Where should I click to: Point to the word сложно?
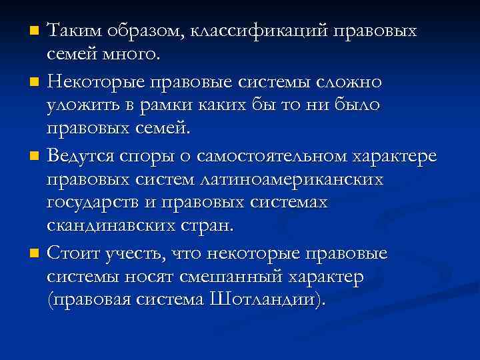[x=342, y=82]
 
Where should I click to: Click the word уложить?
[x=77, y=105]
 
